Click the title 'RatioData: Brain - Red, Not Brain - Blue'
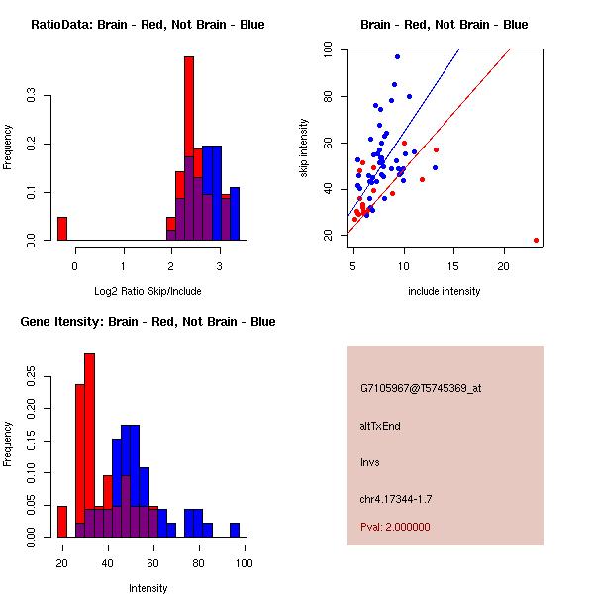pos(147,25)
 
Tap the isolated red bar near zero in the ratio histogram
pos(61,228)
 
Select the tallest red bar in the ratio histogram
pos(189,148)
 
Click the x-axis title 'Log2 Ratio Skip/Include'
pos(147,291)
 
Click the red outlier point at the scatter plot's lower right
pos(536,240)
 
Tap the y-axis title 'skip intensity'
pos(304,148)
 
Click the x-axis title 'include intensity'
pos(444,291)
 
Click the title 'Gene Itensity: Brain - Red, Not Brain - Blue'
pos(147,322)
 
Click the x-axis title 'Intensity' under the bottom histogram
pos(148,588)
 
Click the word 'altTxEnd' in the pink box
pos(380,426)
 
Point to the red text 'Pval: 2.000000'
pos(395,527)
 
